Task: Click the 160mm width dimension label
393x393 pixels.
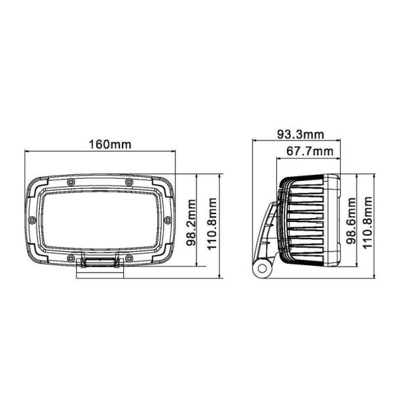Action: tap(100, 144)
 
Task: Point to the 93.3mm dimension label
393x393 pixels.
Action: tap(300, 136)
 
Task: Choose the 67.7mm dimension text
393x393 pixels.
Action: tap(309, 152)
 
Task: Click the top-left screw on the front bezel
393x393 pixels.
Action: tap(70, 181)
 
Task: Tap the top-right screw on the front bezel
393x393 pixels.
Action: tap(129, 181)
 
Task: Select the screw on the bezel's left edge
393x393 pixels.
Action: tap(31, 219)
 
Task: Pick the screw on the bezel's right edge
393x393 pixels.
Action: tap(168, 219)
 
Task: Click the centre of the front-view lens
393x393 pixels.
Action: tap(100, 219)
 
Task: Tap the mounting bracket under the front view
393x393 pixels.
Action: tap(100, 263)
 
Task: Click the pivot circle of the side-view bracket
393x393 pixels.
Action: tap(263, 267)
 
